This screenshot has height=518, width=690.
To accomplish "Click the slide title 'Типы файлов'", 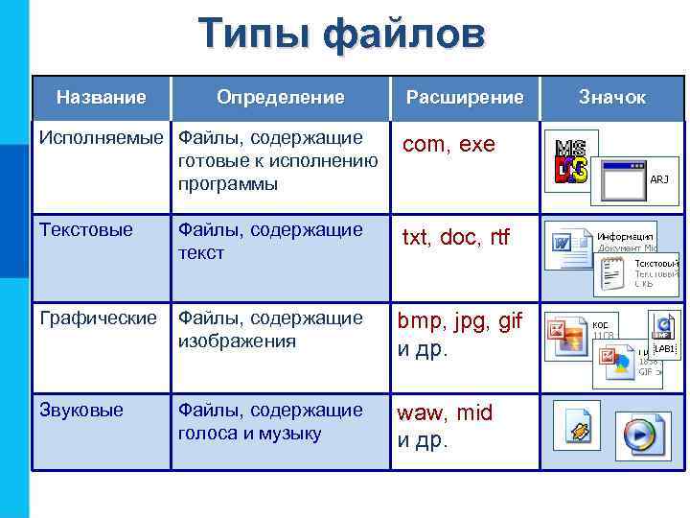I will point(343,35).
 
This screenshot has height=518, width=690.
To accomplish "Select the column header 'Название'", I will point(102,97).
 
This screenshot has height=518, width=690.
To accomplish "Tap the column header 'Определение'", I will point(280,97).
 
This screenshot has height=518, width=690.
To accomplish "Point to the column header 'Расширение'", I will point(465,97).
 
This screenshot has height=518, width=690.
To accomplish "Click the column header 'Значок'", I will point(611,97).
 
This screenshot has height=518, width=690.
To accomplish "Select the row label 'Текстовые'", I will point(85,230).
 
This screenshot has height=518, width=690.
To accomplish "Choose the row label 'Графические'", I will point(97,318).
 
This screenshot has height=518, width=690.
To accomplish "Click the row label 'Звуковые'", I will point(81,411).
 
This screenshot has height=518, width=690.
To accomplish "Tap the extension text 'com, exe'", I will point(448,145).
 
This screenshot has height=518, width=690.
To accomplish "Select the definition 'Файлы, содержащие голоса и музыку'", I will point(271,421).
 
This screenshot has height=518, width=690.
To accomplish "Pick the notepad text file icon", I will point(614,274).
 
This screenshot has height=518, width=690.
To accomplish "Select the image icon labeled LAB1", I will point(663,337).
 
